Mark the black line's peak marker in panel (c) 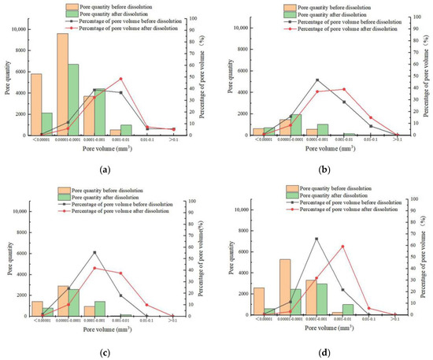tap(94, 252)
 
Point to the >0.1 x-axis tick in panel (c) tap(172, 321)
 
